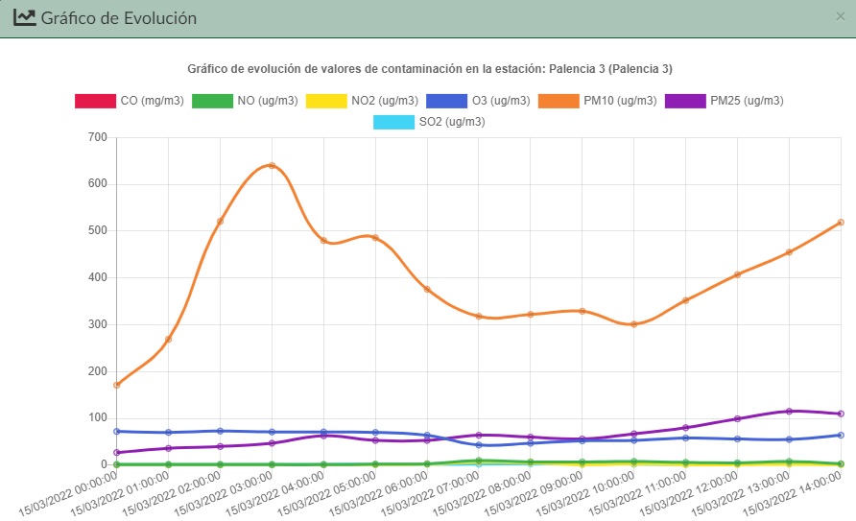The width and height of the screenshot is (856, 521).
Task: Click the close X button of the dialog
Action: pos(842,16)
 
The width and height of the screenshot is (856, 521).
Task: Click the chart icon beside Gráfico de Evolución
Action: pos(24,17)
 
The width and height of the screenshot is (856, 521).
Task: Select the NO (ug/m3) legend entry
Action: pos(245,101)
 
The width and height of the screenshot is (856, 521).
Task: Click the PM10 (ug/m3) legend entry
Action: pos(598,101)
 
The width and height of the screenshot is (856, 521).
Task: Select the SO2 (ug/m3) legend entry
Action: pos(429,122)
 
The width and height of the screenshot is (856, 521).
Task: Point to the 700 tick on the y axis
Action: pos(96,137)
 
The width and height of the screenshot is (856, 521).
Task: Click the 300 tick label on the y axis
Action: pos(96,324)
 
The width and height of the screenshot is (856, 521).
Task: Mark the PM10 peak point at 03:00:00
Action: pos(272,165)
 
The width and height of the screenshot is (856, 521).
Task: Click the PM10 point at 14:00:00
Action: pos(841,223)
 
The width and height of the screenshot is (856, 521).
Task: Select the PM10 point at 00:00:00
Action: pos(116,385)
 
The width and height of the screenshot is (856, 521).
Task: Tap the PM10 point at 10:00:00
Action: pos(633,324)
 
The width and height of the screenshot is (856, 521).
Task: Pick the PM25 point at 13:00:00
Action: pos(789,411)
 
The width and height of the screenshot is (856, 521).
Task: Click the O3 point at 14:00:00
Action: pos(841,435)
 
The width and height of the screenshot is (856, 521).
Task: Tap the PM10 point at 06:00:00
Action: pos(427,289)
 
